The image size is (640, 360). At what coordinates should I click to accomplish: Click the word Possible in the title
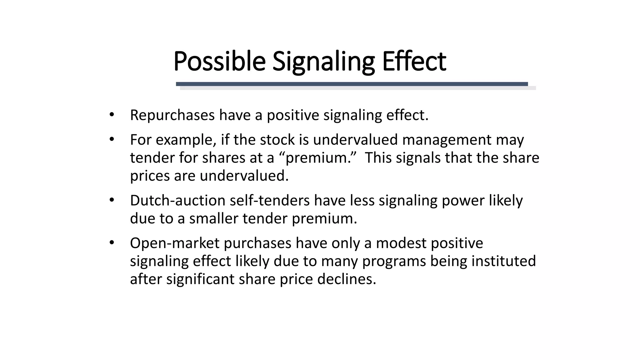(x=219, y=61)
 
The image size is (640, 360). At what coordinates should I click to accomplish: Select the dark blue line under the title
(x=352, y=84)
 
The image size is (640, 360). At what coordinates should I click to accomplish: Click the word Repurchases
(x=172, y=115)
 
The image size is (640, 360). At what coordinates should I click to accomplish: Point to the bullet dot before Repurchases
(x=112, y=114)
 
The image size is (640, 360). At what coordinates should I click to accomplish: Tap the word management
(x=447, y=140)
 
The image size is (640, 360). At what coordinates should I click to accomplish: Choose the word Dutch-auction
(x=177, y=200)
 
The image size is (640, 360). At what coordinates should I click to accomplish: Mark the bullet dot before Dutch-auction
(x=112, y=200)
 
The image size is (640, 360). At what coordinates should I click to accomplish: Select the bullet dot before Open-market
(x=112, y=242)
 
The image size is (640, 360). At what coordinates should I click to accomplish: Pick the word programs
(x=394, y=261)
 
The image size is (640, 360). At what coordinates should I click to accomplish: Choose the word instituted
(x=503, y=261)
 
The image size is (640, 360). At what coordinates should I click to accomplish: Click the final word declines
(x=347, y=279)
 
